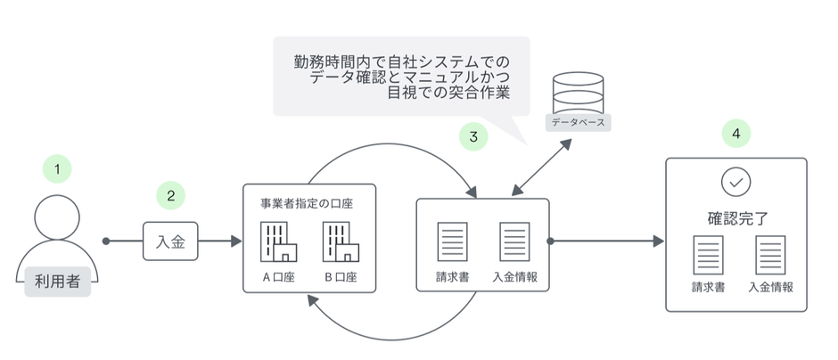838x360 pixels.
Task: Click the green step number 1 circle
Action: [57, 167]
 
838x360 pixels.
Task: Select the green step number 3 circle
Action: [473, 137]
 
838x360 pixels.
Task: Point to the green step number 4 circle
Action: [735, 134]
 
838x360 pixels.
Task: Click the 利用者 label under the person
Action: [57, 281]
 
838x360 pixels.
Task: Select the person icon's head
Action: [57, 216]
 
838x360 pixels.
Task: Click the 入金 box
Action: [170, 241]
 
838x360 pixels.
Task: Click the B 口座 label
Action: [340, 276]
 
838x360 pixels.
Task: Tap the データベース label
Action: [577, 120]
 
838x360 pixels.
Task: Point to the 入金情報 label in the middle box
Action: [514, 276]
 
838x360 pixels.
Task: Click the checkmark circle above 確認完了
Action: [735, 182]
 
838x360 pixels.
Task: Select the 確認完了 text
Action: [736, 217]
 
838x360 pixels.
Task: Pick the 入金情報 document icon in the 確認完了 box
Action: [770, 255]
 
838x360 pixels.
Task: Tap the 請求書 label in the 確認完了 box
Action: [708, 288]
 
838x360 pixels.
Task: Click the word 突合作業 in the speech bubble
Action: [481, 94]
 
